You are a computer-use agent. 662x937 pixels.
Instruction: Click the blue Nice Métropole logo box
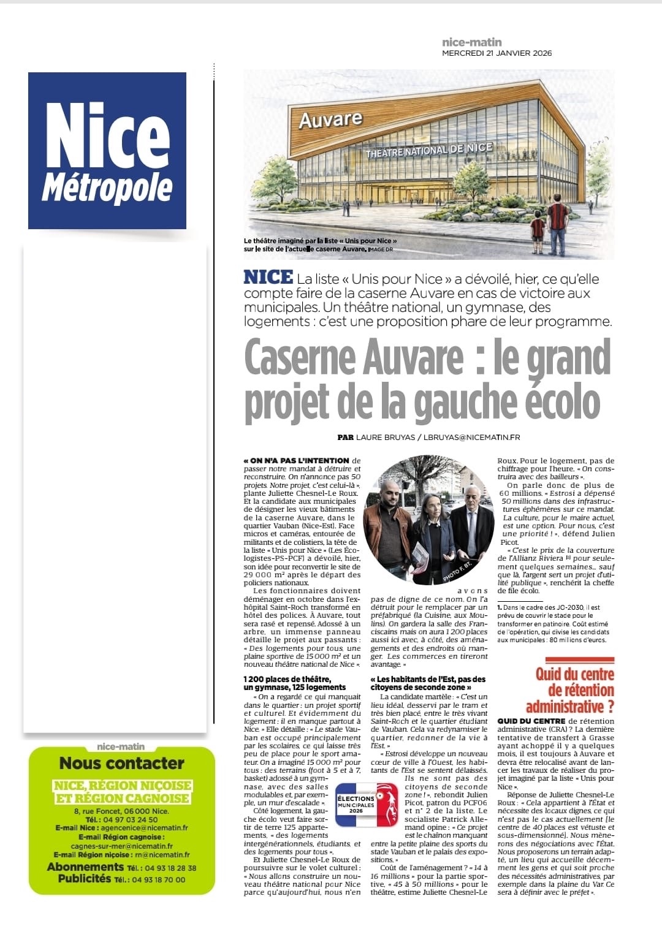click(x=107, y=151)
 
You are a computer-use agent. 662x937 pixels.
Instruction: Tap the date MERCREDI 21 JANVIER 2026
click(x=496, y=53)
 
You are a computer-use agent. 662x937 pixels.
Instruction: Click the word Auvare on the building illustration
click(x=330, y=119)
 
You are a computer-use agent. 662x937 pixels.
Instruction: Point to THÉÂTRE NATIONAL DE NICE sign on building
click(x=428, y=150)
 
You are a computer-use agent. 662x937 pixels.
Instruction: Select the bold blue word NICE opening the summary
click(x=268, y=277)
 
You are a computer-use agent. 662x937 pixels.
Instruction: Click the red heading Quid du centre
click(x=574, y=675)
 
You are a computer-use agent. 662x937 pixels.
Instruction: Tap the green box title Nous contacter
click(x=121, y=764)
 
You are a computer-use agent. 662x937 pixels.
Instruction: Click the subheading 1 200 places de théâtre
click(x=287, y=679)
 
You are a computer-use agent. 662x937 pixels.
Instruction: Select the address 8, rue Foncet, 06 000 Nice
click(x=121, y=811)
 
